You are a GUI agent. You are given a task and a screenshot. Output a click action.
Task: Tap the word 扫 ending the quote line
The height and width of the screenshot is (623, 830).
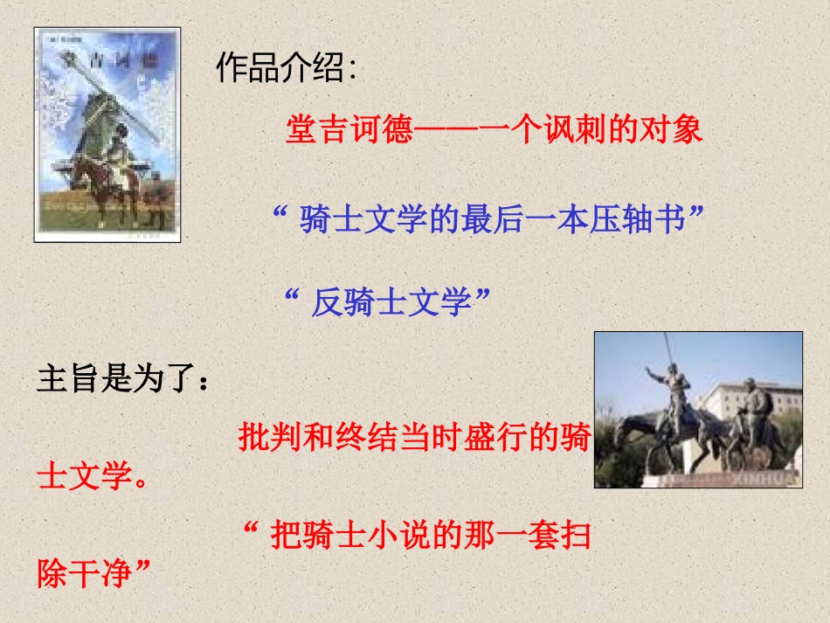(x=575, y=534)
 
